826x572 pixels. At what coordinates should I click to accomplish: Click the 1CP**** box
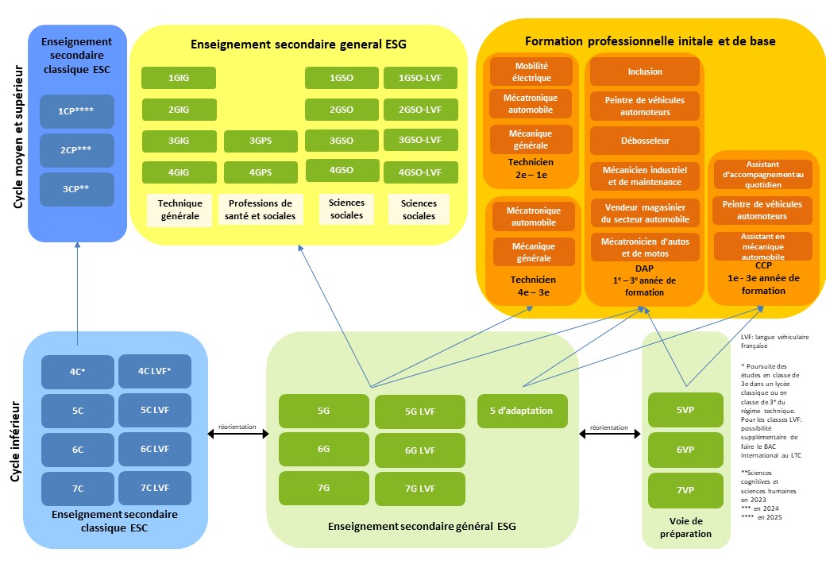[x=76, y=112]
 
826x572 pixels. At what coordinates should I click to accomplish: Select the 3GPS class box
[x=261, y=141]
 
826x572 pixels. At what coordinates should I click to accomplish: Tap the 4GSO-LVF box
[x=420, y=172]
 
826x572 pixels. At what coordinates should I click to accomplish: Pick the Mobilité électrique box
[x=531, y=71]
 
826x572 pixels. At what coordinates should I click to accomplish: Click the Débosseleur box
[x=644, y=141]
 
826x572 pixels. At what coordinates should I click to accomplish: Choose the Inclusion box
[x=644, y=71]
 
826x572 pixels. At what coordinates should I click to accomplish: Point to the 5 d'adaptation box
[x=521, y=411]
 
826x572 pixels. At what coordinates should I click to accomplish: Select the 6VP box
[x=685, y=450]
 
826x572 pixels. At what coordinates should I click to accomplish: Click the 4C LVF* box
[x=155, y=371]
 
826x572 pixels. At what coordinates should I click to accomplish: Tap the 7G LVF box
[x=420, y=489]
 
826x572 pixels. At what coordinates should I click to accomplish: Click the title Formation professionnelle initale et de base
[x=650, y=41]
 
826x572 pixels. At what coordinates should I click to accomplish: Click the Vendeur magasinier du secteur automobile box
[x=644, y=211]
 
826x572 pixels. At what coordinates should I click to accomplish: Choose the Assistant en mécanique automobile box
[x=762, y=246]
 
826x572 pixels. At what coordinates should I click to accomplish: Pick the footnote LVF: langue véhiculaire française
[x=774, y=342]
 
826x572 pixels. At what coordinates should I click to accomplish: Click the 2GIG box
[x=179, y=110]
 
